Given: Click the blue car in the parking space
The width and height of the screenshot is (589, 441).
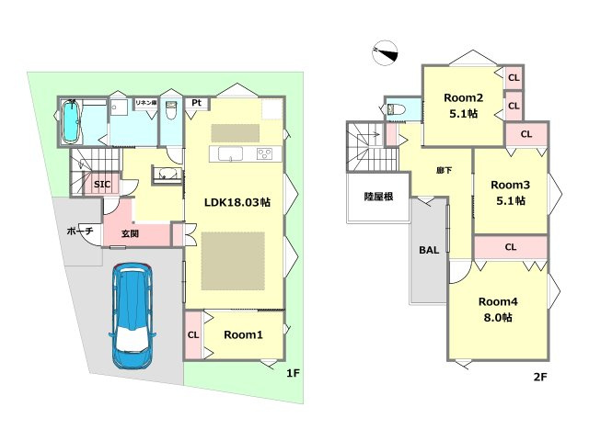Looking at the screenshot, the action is (x=133, y=316).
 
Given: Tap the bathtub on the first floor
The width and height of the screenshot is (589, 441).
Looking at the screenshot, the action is (x=70, y=122).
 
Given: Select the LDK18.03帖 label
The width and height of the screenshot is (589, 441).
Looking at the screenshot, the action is (x=237, y=202).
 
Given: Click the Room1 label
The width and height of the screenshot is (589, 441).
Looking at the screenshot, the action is (x=243, y=334).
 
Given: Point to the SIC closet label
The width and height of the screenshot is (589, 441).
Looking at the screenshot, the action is (x=102, y=184).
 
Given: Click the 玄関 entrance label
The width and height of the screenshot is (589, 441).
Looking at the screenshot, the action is (x=130, y=233).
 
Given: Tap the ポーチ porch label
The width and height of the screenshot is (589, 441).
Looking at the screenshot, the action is (x=80, y=231).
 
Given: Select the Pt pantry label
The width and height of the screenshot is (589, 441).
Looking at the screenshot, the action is (x=196, y=102).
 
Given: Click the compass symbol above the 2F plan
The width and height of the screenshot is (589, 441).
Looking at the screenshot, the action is (x=385, y=53).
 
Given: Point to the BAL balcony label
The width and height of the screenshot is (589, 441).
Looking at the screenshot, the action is (x=429, y=250).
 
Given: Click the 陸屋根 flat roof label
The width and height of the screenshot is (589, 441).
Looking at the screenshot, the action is (x=378, y=196).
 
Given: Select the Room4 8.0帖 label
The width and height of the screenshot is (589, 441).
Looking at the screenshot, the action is (x=498, y=310).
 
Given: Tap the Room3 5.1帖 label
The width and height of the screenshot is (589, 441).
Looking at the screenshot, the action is (x=511, y=193).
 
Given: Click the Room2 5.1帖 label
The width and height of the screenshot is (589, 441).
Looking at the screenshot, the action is (x=463, y=106).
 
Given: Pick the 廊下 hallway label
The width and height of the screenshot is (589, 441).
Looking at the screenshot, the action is (x=444, y=171).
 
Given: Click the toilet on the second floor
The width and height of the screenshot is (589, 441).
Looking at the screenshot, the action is (x=396, y=109).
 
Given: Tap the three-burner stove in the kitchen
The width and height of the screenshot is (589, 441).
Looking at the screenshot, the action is (x=264, y=153).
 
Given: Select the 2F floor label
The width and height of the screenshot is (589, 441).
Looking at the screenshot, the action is (x=540, y=377).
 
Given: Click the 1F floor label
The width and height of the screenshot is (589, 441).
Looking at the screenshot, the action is (x=293, y=373).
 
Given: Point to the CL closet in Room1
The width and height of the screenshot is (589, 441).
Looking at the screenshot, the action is (x=193, y=334).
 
